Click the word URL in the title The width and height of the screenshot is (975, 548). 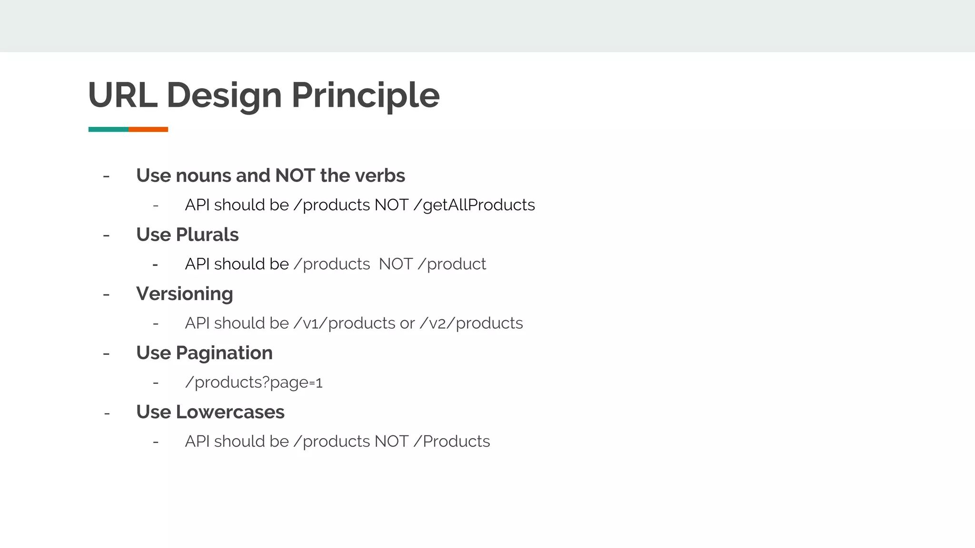tap(123, 95)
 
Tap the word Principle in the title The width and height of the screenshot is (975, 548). tap(365, 95)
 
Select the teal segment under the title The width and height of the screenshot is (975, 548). tap(108, 129)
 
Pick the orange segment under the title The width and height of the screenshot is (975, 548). tap(148, 129)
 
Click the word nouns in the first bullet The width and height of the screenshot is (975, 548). tap(203, 176)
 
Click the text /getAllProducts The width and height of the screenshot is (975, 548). tap(474, 205)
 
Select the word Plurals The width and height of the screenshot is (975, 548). tap(207, 235)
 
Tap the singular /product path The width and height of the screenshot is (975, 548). tap(451, 264)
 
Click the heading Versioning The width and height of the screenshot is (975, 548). tap(185, 294)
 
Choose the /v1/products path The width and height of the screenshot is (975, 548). tap(344, 323)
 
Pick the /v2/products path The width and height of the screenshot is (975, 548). tap(471, 323)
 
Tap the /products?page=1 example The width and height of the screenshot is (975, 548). tap(254, 382)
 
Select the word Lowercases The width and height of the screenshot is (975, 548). tap(230, 412)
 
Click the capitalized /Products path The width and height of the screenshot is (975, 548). tap(451, 441)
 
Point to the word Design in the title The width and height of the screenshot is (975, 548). tap(224, 95)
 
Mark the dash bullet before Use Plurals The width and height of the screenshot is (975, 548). tap(106, 235)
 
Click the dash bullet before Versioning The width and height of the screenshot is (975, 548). tap(106, 294)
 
